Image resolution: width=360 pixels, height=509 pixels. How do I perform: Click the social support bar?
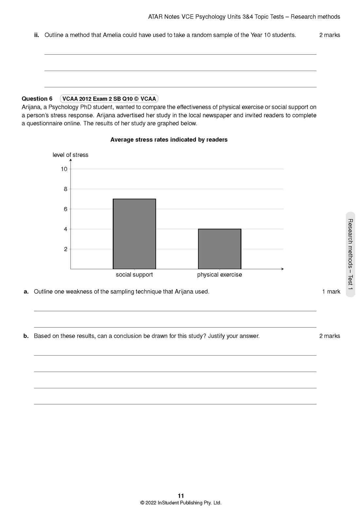[x=134, y=234]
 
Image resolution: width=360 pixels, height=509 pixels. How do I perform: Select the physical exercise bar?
[x=220, y=249]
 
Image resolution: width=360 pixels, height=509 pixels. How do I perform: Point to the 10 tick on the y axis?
[x=64, y=169]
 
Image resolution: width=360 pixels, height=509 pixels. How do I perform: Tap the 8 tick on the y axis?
[x=65, y=189]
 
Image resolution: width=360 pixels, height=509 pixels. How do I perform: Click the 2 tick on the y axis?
[x=65, y=249]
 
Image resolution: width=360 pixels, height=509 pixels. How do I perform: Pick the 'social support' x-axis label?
[x=134, y=275]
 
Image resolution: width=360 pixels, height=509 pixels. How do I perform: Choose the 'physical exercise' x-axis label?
[x=220, y=275]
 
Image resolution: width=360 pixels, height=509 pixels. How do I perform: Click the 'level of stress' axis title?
[x=70, y=155]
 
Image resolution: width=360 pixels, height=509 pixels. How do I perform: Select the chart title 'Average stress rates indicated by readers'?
[x=169, y=140]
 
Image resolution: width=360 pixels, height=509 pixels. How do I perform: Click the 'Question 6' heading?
[x=37, y=99]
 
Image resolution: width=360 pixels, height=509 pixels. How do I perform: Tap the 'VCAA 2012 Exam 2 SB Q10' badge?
[x=109, y=99]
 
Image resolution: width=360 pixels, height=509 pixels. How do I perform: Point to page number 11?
[x=181, y=496]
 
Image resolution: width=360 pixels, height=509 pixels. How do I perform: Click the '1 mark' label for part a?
[x=331, y=292]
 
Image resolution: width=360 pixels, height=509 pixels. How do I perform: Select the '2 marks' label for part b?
[x=330, y=336]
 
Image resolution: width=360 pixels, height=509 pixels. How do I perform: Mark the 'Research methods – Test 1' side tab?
[x=350, y=254]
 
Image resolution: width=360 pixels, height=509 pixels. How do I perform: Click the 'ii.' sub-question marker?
[x=37, y=35]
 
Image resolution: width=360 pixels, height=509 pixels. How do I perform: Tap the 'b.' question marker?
[x=26, y=336]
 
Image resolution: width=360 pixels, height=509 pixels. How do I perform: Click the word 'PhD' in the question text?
[x=83, y=107]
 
